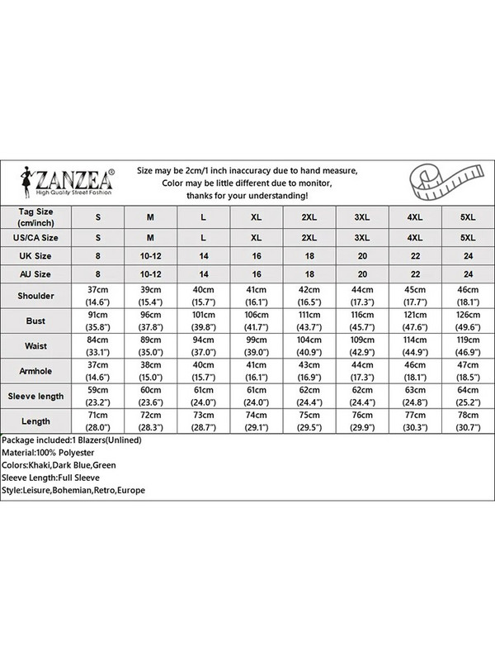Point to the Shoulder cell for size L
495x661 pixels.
203,295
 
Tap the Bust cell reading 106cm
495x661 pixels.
257,319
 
